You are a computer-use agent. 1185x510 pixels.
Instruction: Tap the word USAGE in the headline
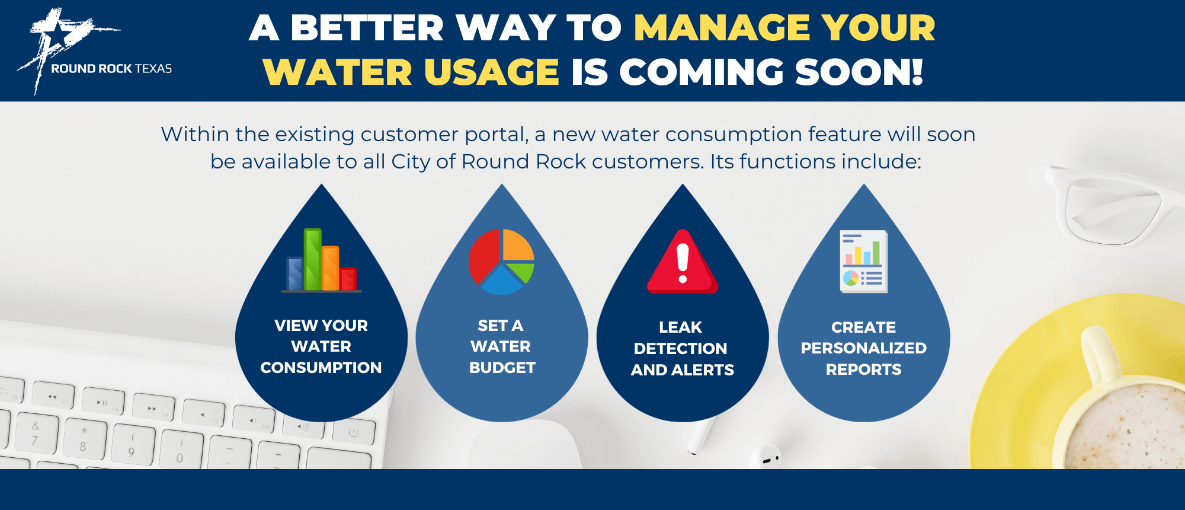(x=492, y=72)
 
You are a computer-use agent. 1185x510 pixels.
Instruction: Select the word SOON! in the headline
(x=859, y=72)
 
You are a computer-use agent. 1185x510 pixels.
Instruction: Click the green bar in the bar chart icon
(x=313, y=259)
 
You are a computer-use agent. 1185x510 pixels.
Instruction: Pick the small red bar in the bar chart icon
(x=348, y=279)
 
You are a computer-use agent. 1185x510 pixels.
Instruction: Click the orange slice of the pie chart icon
(x=518, y=245)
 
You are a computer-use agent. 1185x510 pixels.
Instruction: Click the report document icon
(x=864, y=261)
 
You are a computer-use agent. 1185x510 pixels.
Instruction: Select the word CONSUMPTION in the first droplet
(x=321, y=368)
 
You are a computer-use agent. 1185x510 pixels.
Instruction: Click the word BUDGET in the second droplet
(x=502, y=368)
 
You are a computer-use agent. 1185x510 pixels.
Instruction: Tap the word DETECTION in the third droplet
(x=680, y=349)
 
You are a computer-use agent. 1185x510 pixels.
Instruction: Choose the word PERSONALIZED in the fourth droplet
(x=864, y=348)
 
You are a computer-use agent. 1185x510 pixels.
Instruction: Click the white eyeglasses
(x=1114, y=205)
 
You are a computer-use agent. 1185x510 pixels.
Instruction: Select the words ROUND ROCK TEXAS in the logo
(x=111, y=69)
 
